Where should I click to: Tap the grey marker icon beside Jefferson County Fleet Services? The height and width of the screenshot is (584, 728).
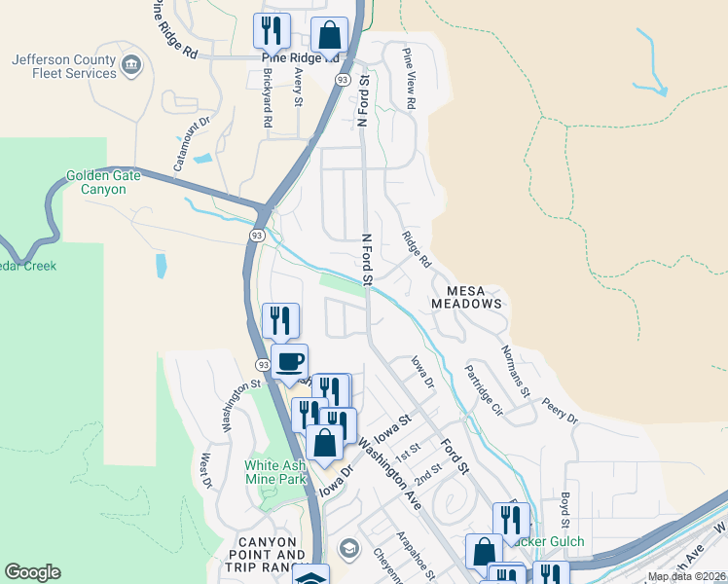point(132,66)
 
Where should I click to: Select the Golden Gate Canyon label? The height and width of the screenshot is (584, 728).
point(102,182)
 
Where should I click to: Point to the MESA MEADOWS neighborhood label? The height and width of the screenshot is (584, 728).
point(474,297)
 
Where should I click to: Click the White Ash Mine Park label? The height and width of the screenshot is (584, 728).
point(274,472)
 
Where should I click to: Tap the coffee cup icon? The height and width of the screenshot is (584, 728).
point(289,362)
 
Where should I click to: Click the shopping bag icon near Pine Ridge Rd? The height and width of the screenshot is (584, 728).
point(330,35)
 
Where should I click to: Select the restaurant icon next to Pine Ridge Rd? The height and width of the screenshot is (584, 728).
point(272,31)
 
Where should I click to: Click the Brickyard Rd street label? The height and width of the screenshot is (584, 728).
point(267,100)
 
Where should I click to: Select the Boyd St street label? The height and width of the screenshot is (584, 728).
point(564,509)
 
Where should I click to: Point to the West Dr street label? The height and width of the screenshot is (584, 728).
point(206,469)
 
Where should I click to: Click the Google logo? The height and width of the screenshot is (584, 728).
point(32,572)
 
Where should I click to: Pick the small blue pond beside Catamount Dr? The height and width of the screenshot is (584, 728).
point(202,158)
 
